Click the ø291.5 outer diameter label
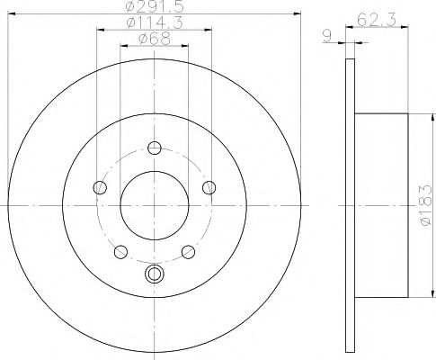(154, 8)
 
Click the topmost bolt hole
(154, 149)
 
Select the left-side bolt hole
(99, 187)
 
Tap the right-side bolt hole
(209, 187)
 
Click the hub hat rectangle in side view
(381, 205)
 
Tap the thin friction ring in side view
(350, 205)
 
